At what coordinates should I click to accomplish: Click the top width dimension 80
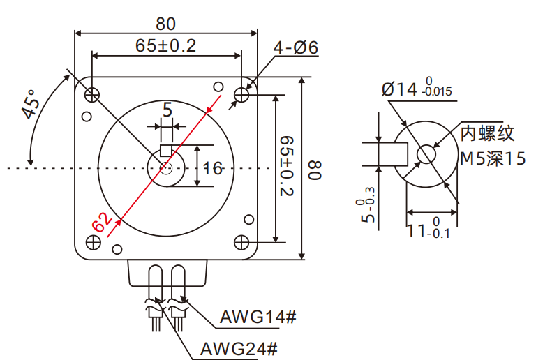(x=165, y=24)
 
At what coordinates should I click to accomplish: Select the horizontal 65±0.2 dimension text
(x=165, y=46)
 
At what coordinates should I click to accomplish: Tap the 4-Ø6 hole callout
(x=296, y=48)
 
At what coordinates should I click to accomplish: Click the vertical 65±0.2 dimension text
(x=287, y=167)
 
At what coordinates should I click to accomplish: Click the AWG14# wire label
(x=258, y=317)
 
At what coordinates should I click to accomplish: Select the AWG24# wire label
(x=239, y=347)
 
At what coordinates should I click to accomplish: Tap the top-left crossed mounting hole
(x=92, y=93)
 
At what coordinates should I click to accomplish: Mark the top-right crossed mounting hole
(x=241, y=93)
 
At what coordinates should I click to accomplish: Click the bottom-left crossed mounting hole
(x=92, y=241)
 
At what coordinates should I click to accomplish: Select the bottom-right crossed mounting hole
(x=241, y=241)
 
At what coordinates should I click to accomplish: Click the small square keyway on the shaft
(x=166, y=150)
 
